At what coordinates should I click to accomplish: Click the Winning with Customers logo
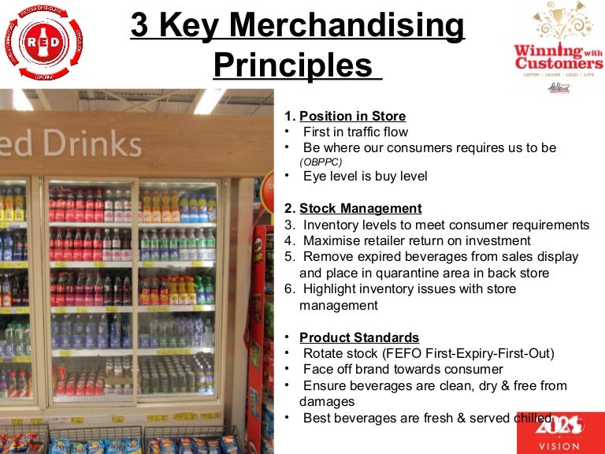pyautogui.click(x=558, y=47)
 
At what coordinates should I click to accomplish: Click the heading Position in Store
pyautogui.click(x=352, y=117)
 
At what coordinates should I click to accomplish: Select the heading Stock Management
pyautogui.click(x=360, y=209)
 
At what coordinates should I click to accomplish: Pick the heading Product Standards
pyautogui.click(x=359, y=338)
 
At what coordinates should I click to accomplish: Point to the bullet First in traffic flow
pyautogui.click(x=355, y=132)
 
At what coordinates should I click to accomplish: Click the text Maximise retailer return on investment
pyautogui.click(x=417, y=240)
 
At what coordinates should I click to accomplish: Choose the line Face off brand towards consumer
pyautogui.click(x=403, y=370)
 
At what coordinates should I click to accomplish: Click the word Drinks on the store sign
pyautogui.click(x=87, y=143)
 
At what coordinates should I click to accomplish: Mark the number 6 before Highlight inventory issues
pyautogui.click(x=288, y=288)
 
